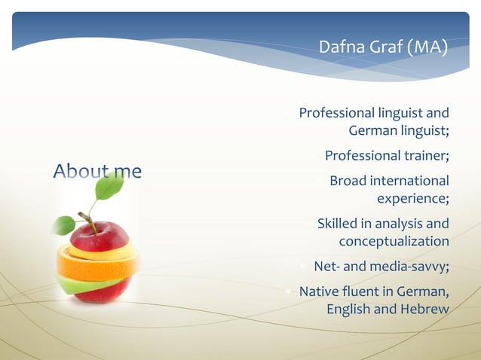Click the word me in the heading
pyautogui.click(x=127, y=172)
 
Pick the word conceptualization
pyautogui.click(x=394, y=241)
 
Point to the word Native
pyautogui.click(x=320, y=292)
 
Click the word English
pyautogui.click(x=348, y=310)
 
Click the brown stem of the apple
pyautogui.click(x=88, y=221)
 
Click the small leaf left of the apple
pyautogui.click(x=64, y=224)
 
